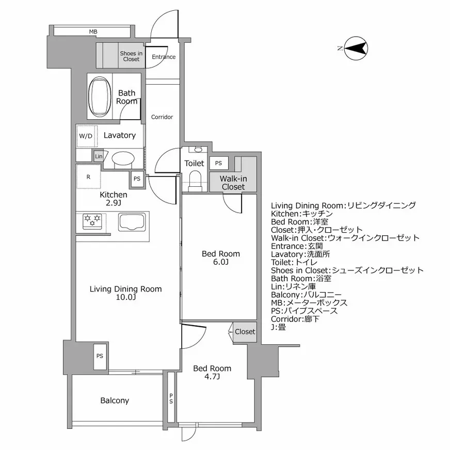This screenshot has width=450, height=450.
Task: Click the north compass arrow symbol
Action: tap(355, 49)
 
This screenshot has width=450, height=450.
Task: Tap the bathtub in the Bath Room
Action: tap(100, 98)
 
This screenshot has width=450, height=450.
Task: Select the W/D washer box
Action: tap(86, 136)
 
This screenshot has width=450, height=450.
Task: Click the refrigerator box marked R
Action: tap(89, 177)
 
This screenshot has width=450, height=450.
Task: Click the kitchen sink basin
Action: tap(133, 222)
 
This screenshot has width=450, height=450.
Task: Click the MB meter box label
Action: tap(93, 32)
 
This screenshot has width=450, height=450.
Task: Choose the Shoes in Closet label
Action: tap(131, 56)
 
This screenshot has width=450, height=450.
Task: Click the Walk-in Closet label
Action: tap(233, 183)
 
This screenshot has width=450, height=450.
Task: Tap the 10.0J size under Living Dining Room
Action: tap(125, 298)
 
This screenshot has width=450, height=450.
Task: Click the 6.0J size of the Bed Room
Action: tap(221, 263)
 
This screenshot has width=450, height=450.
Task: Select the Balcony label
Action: tap(115, 400)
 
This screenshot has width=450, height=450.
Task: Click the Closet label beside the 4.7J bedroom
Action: tap(245, 332)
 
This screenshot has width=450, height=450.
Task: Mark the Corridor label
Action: tap(162, 117)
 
